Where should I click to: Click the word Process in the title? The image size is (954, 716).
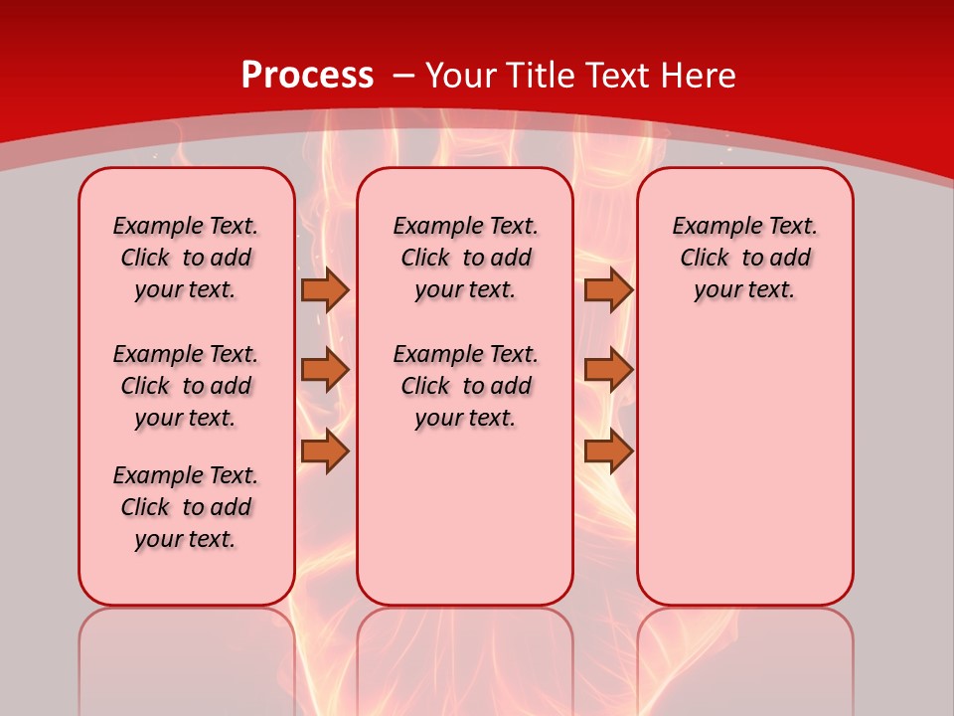[x=307, y=75]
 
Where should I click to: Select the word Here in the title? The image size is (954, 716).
[x=700, y=75]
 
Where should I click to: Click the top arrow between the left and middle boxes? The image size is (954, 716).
[x=325, y=289]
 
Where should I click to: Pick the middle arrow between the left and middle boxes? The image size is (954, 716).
[x=325, y=370]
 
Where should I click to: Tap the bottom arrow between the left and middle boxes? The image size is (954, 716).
[x=325, y=451]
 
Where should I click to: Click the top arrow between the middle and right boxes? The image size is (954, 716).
[x=608, y=289]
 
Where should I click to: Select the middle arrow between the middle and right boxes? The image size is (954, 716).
[x=608, y=370]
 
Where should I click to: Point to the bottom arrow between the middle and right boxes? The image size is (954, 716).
[x=608, y=451]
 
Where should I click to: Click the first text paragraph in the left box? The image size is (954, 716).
[x=186, y=258]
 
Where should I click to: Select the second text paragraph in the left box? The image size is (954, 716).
[x=186, y=386]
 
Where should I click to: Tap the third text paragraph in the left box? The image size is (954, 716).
[x=186, y=507]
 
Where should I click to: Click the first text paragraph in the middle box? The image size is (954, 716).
[x=465, y=258]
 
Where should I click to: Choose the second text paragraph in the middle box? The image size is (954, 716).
[x=465, y=386]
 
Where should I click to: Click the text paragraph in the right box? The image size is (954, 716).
[x=745, y=258]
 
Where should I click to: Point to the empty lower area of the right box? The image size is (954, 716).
[x=745, y=467]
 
